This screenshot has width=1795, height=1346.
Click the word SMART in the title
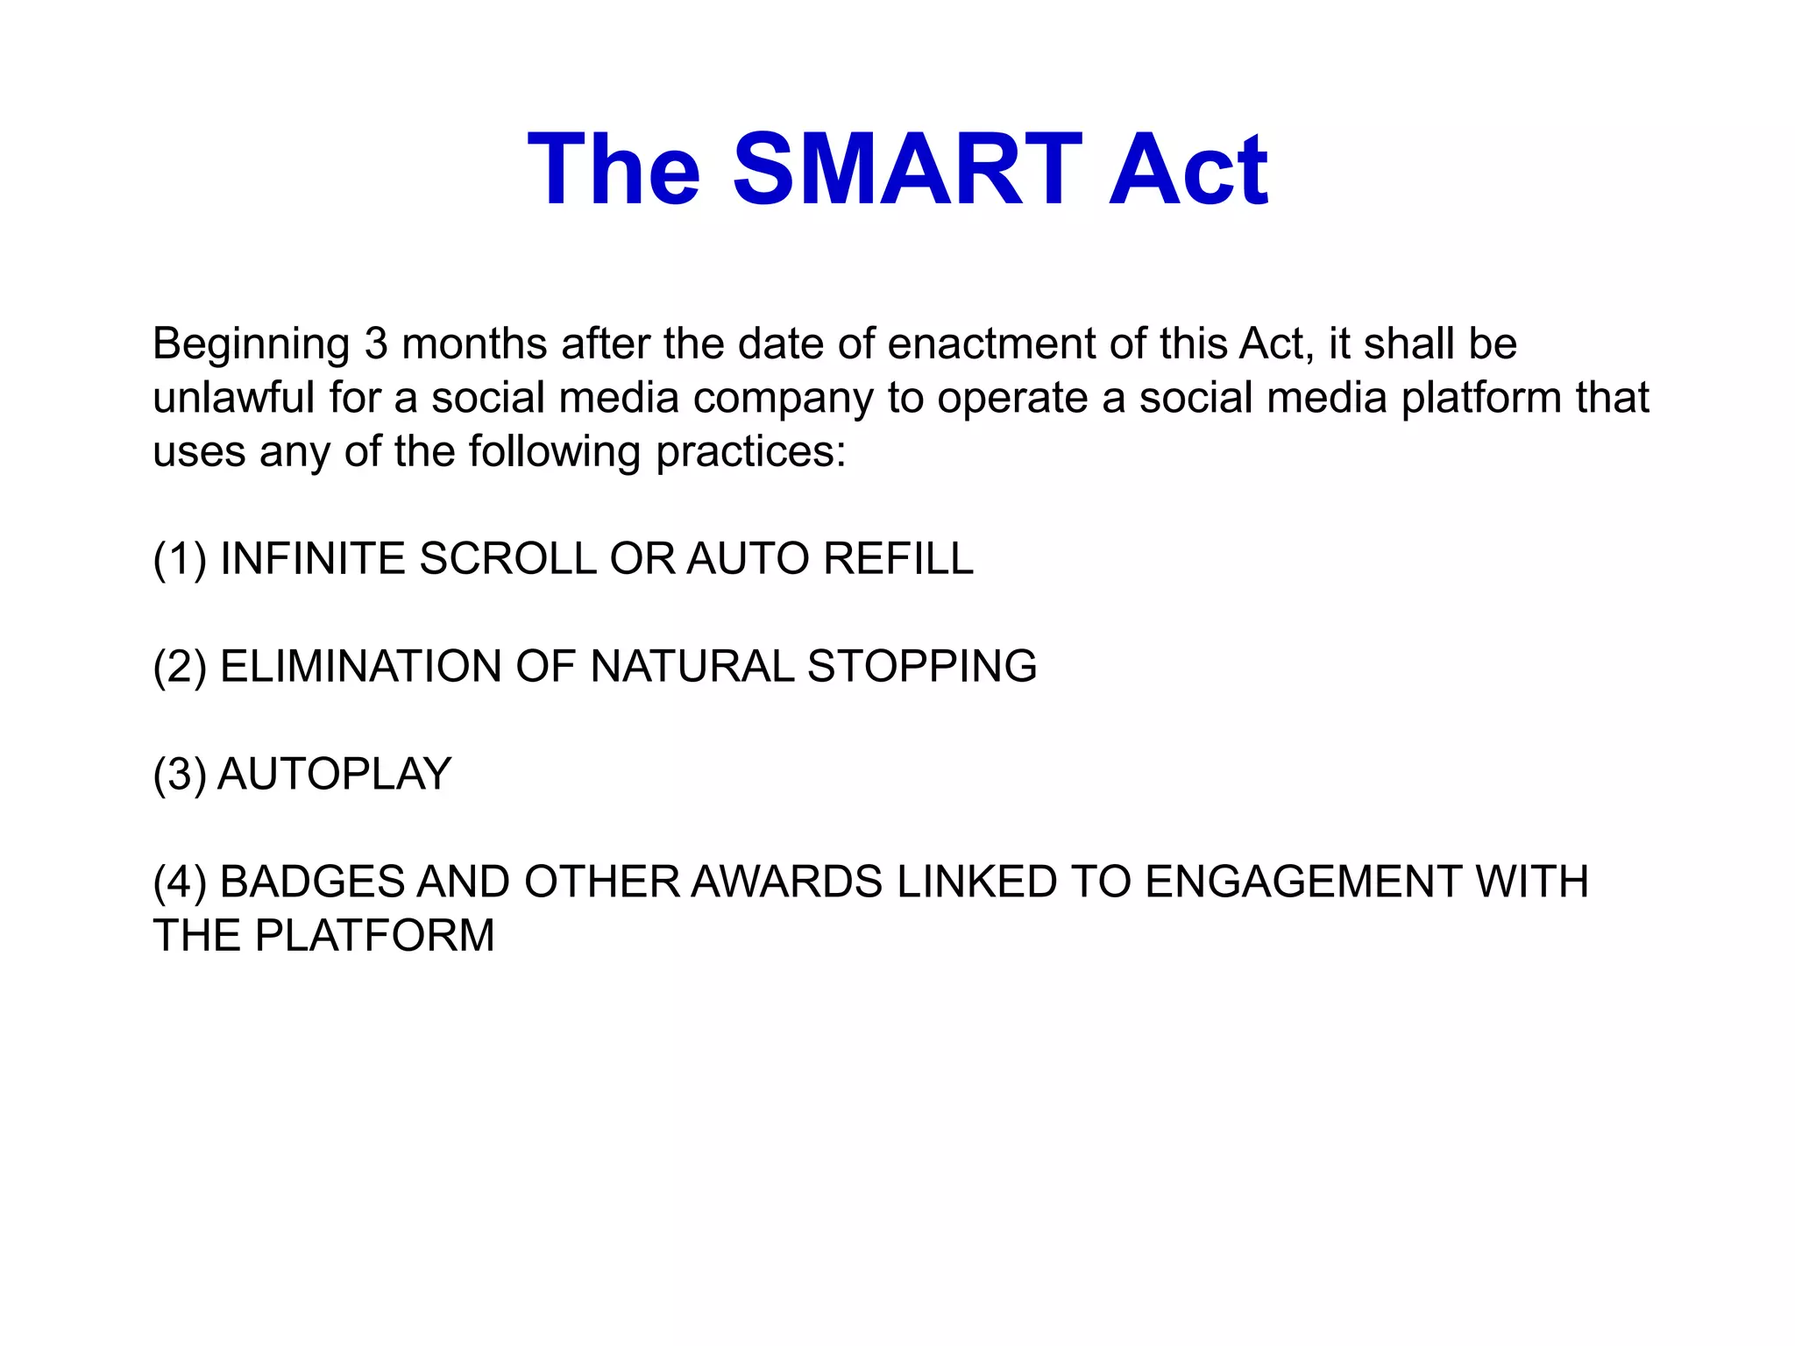point(907,169)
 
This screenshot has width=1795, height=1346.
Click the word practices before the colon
point(745,452)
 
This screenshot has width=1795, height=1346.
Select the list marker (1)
point(180,559)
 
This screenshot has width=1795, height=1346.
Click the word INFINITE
point(313,559)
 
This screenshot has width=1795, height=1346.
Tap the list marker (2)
point(180,667)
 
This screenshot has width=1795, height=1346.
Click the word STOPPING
point(922,667)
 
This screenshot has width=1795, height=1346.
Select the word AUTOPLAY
point(334,775)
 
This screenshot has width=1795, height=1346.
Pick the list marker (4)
point(180,882)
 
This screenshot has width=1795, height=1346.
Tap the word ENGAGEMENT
point(1303,882)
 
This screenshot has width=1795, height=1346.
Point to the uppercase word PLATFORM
point(374,936)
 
